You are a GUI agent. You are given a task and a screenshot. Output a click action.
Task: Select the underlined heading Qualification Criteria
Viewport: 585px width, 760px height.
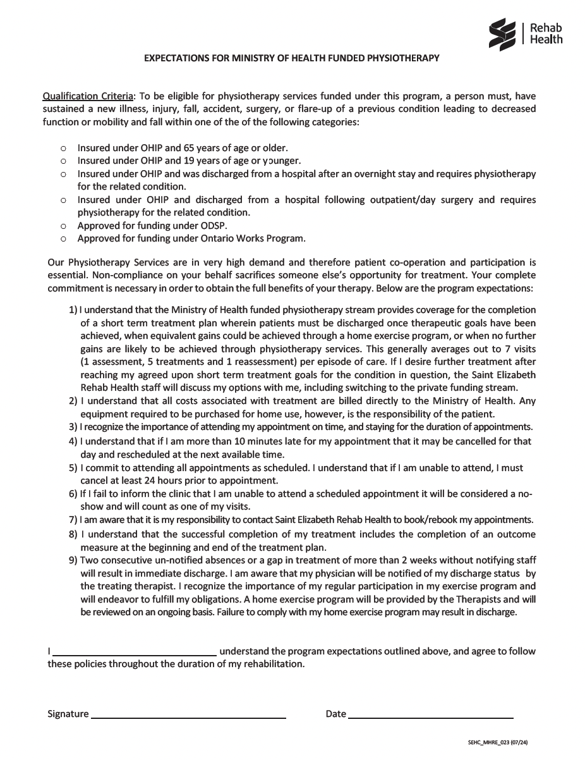click(88, 97)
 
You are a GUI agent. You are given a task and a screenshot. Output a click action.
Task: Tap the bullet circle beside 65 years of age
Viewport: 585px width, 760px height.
click(63, 148)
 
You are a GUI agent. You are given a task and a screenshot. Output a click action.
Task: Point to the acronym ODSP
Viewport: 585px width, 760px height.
click(215, 226)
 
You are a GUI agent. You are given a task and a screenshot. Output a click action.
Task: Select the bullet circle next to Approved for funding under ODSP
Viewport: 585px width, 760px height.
click(63, 226)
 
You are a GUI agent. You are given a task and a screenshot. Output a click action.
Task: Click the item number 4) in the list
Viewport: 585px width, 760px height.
click(73, 441)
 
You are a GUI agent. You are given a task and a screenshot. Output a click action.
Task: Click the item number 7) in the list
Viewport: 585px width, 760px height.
click(73, 520)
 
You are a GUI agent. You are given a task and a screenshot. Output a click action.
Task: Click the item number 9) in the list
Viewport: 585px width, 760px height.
click(73, 560)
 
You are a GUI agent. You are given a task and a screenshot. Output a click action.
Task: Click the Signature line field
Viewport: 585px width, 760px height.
click(188, 716)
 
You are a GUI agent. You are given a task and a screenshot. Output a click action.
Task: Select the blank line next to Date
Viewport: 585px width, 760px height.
click(431, 716)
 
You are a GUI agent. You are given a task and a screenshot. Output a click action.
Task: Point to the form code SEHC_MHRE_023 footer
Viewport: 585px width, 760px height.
click(498, 742)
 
